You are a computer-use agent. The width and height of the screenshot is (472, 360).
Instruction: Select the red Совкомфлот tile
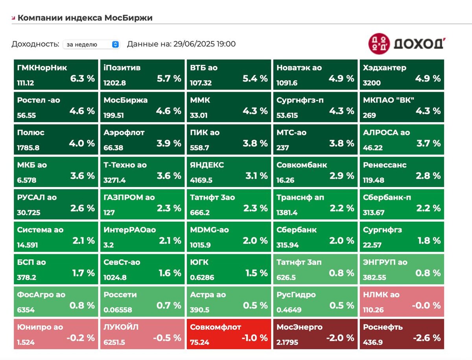point(228,334)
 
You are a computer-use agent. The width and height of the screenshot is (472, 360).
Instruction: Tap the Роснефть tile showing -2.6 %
point(401,334)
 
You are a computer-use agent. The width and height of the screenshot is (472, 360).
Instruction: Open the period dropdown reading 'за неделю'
point(91,44)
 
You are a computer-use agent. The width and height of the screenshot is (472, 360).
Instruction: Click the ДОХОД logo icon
point(379,44)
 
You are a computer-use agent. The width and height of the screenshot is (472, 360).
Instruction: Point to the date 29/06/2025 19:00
point(204,44)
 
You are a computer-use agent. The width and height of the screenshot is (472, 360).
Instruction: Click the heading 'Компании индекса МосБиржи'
point(85,18)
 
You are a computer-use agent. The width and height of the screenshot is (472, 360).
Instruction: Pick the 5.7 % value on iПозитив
point(169,78)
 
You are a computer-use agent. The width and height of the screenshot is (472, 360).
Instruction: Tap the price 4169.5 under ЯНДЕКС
point(201,180)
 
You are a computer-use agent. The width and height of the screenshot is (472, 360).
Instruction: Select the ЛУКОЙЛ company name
point(121,327)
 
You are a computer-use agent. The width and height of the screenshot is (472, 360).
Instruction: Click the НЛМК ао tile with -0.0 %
point(401,301)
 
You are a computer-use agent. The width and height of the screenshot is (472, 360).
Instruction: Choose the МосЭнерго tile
point(315,334)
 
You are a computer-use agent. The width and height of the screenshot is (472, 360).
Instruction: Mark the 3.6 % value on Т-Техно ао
point(169,176)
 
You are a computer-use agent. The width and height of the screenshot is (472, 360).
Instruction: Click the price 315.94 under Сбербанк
point(288,245)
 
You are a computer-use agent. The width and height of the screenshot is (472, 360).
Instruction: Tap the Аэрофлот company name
point(124,132)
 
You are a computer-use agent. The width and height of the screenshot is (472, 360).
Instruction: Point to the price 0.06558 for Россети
point(118,310)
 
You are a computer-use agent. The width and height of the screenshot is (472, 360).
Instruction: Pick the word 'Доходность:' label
point(35,44)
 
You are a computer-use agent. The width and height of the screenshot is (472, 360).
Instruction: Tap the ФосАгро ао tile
point(55,301)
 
